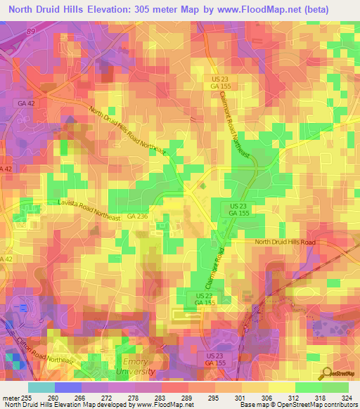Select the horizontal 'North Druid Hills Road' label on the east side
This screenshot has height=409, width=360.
tap(285, 242)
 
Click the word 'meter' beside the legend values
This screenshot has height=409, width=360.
tap(10, 398)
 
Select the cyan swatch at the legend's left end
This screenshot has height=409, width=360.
tap(41, 387)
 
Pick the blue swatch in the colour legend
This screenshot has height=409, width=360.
tap(68, 387)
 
